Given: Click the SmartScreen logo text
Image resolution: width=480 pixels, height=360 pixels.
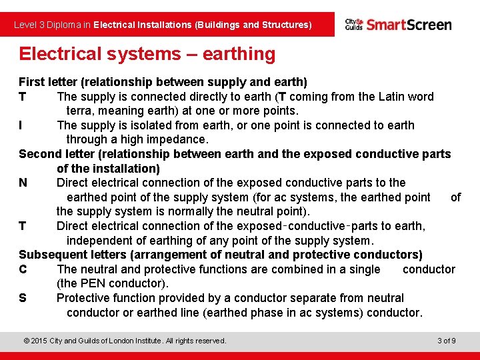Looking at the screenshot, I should [x=409, y=25].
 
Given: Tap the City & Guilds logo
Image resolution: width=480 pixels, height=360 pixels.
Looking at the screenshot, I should [x=353, y=25].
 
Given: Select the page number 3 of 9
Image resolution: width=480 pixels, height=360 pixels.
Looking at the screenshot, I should [x=447, y=341].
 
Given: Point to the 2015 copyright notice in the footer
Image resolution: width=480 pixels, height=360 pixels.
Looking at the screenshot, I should [x=125, y=341].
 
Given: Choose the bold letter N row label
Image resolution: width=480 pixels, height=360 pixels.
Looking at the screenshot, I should [x=23, y=183].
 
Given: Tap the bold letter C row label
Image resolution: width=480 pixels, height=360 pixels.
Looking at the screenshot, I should [x=23, y=269].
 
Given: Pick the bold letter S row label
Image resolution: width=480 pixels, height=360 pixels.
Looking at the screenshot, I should [x=23, y=298].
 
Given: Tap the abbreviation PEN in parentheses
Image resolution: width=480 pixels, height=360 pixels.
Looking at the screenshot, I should [x=91, y=283].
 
